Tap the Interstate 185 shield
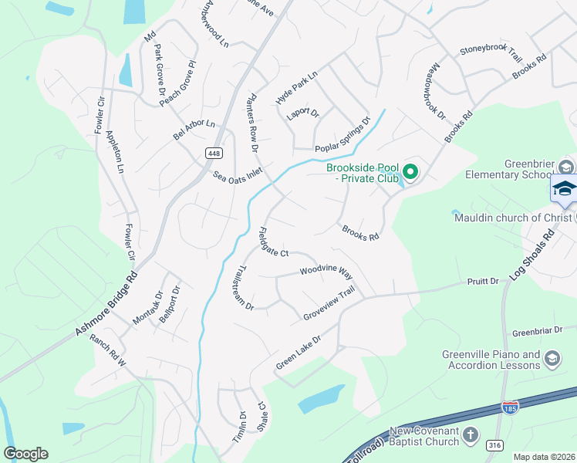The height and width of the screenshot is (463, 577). [x=510, y=407]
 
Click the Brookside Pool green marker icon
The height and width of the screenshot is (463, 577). [x=410, y=172]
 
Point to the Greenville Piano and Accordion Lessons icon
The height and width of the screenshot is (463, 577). [x=552, y=357]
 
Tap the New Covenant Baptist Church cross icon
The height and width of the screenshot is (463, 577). [x=471, y=436]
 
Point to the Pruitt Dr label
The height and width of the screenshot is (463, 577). [x=484, y=282]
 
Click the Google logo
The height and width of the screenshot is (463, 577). [x=25, y=454]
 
